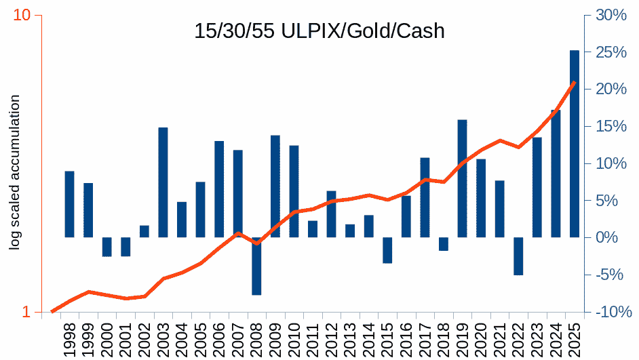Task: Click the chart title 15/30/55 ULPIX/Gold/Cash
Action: pyautogui.click(x=319, y=31)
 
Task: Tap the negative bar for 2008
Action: pyautogui.click(x=256, y=266)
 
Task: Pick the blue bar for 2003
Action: pyautogui.click(x=163, y=182)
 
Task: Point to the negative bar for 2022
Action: pyautogui.click(x=518, y=256)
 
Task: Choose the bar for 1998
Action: pyautogui.click(x=69, y=204)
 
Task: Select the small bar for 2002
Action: pyautogui.click(x=144, y=231)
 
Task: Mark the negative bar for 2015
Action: pyautogui.click(x=387, y=250)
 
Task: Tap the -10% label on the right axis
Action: pyautogui.click(x=604, y=312)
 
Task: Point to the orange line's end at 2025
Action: pyautogui.click(x=575, y=82)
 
